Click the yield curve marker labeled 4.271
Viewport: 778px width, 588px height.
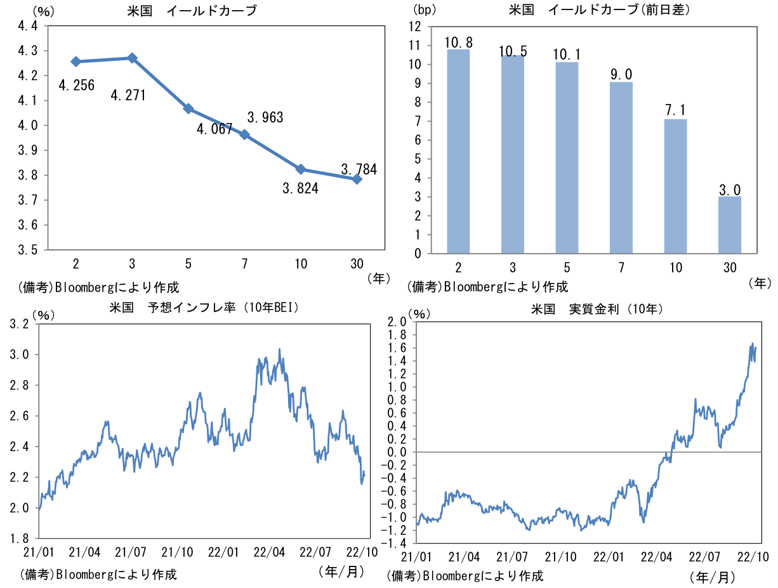tap(132, 58)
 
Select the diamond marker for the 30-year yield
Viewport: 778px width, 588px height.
tap(357, 180)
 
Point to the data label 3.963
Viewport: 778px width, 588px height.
tap(265, 117)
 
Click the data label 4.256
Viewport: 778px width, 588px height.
tap(77, 86)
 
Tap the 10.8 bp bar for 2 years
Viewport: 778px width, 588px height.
tap(458, 151)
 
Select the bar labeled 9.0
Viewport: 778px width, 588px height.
tap(621, 168)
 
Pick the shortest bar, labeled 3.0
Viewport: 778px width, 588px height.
tap(729, 225)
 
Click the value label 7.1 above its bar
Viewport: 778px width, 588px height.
tap(675, 110)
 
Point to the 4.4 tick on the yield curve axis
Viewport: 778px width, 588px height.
tap(28, 26)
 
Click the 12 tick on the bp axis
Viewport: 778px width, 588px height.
tap(414, 27)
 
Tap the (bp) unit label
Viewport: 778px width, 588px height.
tap(425, 10)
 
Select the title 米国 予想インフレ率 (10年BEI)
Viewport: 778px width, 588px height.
tap(204, 308)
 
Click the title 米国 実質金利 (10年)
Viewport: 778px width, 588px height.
tap(597, 310)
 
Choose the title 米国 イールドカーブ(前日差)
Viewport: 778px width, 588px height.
tap(599, 10)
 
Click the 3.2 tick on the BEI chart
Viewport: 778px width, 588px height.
tap(20, 324)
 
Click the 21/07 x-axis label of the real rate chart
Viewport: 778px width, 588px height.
tap(511, 557)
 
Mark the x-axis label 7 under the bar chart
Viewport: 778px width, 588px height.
tap(621, 268)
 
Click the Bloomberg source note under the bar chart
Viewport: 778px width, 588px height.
tap(488, 287)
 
